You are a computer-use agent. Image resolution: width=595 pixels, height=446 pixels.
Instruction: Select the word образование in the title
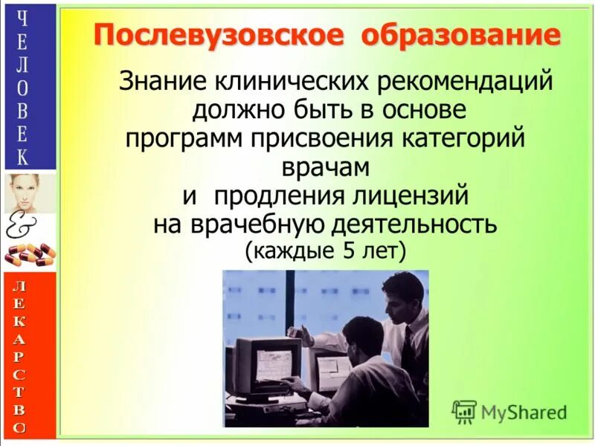pos(461,35)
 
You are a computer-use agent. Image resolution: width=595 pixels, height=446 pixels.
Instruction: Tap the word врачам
pos(326,167)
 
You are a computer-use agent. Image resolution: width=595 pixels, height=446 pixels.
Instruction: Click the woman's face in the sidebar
pos(29,192)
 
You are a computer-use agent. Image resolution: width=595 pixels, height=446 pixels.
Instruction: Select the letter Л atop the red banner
pos(22,285)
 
